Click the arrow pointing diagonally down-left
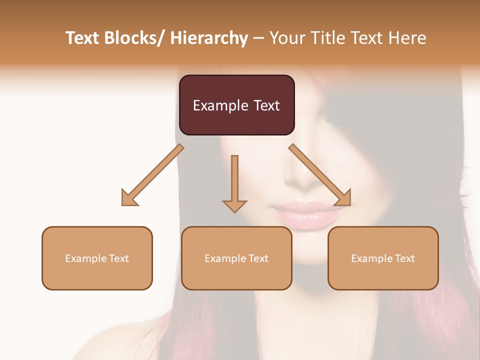pos(152,175)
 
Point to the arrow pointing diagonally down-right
pos(320,175)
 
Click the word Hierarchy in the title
pos(209,38)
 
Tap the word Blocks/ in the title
pos(134,38)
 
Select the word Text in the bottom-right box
pos(404,258)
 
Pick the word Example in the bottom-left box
pos(85,258)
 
